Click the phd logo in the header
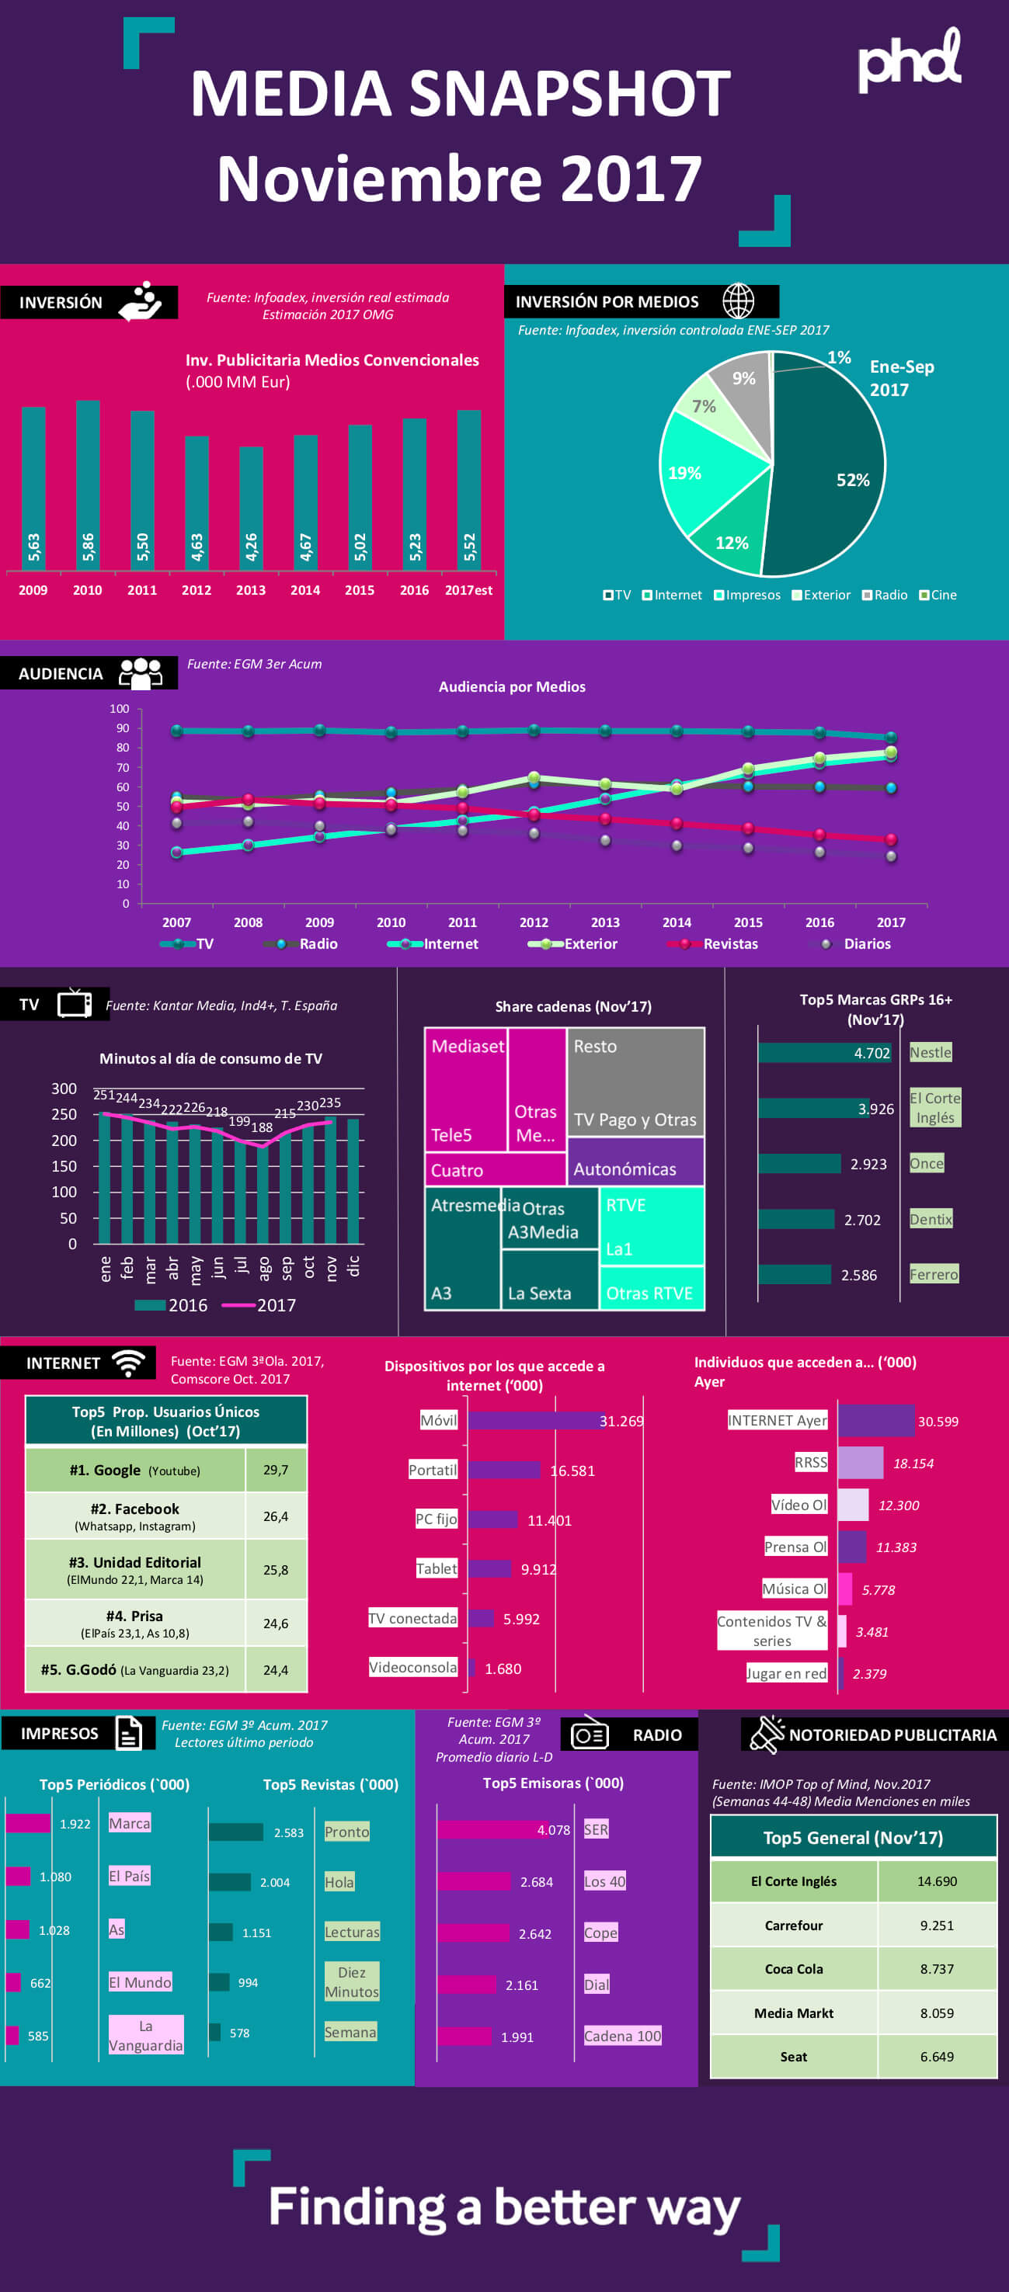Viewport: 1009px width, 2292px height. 909,61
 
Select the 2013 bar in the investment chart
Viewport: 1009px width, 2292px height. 251,507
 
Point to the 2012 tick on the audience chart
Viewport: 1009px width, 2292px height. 534,922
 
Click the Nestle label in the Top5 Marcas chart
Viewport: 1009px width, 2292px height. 931,1053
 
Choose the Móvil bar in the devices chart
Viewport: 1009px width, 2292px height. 534,1421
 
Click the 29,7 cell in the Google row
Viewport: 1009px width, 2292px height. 276,1470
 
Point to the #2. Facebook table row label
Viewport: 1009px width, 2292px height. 135,1516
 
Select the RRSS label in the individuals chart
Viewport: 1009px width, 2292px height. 811,1463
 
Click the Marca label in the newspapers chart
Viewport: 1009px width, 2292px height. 130,1823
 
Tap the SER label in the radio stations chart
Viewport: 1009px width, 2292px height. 596,1829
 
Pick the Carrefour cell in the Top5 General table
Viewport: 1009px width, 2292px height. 794,1926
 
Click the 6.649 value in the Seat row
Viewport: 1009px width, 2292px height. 936,2056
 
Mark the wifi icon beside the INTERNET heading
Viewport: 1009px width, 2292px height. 129,1362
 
